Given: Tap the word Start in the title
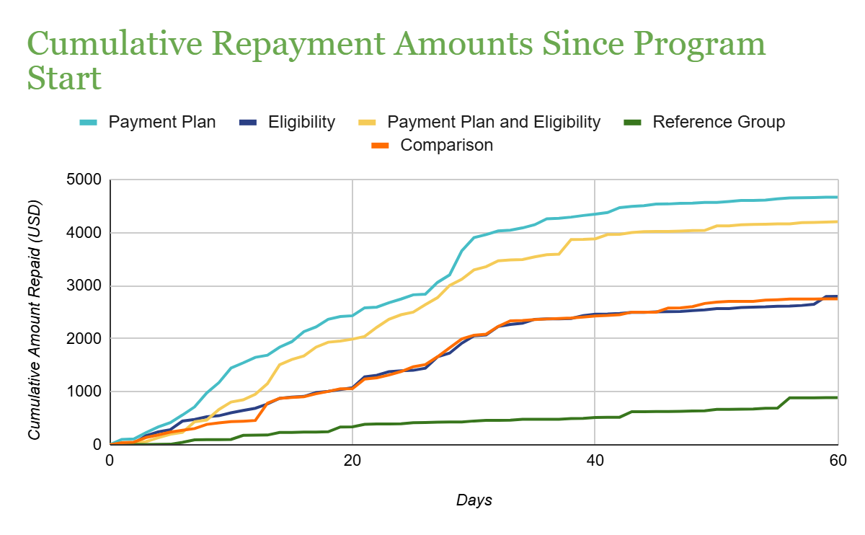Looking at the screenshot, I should click(64, 79).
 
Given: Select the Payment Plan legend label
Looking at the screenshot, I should click(162, 122).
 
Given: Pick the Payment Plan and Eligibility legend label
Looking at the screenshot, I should click(494, 122).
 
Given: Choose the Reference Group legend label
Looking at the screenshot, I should click(719, 122).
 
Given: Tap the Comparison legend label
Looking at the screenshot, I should click(447, 145).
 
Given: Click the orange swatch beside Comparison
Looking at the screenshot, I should click(380, 146).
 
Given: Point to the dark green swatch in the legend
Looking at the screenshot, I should click(632, 123).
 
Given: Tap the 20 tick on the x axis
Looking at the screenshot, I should click(352, 461).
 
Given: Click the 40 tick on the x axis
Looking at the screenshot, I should click(594, 461).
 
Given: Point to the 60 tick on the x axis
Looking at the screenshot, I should click(836, 461).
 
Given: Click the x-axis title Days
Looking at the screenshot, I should click(474, 500).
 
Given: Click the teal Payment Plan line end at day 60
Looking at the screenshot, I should click(836, 197).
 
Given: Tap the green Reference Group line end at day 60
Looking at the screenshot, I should click(836, 397).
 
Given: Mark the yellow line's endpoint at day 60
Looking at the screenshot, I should click(836, 221).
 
